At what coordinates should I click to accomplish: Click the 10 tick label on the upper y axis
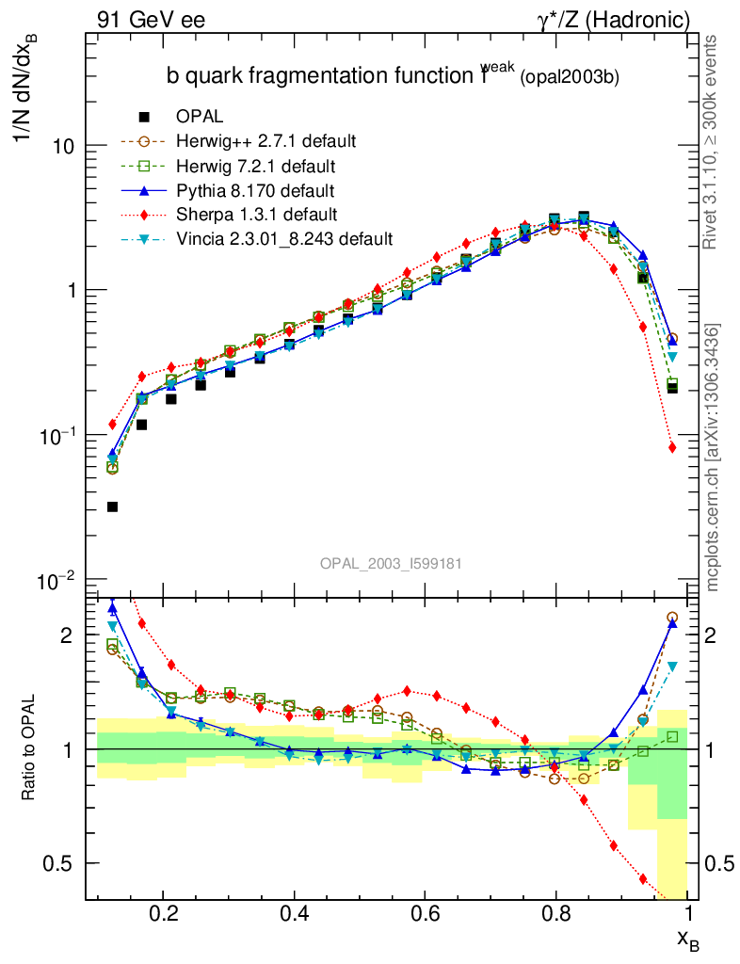click(63, 147)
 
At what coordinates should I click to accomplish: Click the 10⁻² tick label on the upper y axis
click(57, 578)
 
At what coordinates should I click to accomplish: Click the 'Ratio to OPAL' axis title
click(29, 748)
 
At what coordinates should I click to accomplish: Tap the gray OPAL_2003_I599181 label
click(390, 563)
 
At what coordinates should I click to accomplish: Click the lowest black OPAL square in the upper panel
click(113, 506)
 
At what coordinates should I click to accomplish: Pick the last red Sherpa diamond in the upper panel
click(672, 447)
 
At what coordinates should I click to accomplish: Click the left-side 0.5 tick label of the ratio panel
click(61, 863)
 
